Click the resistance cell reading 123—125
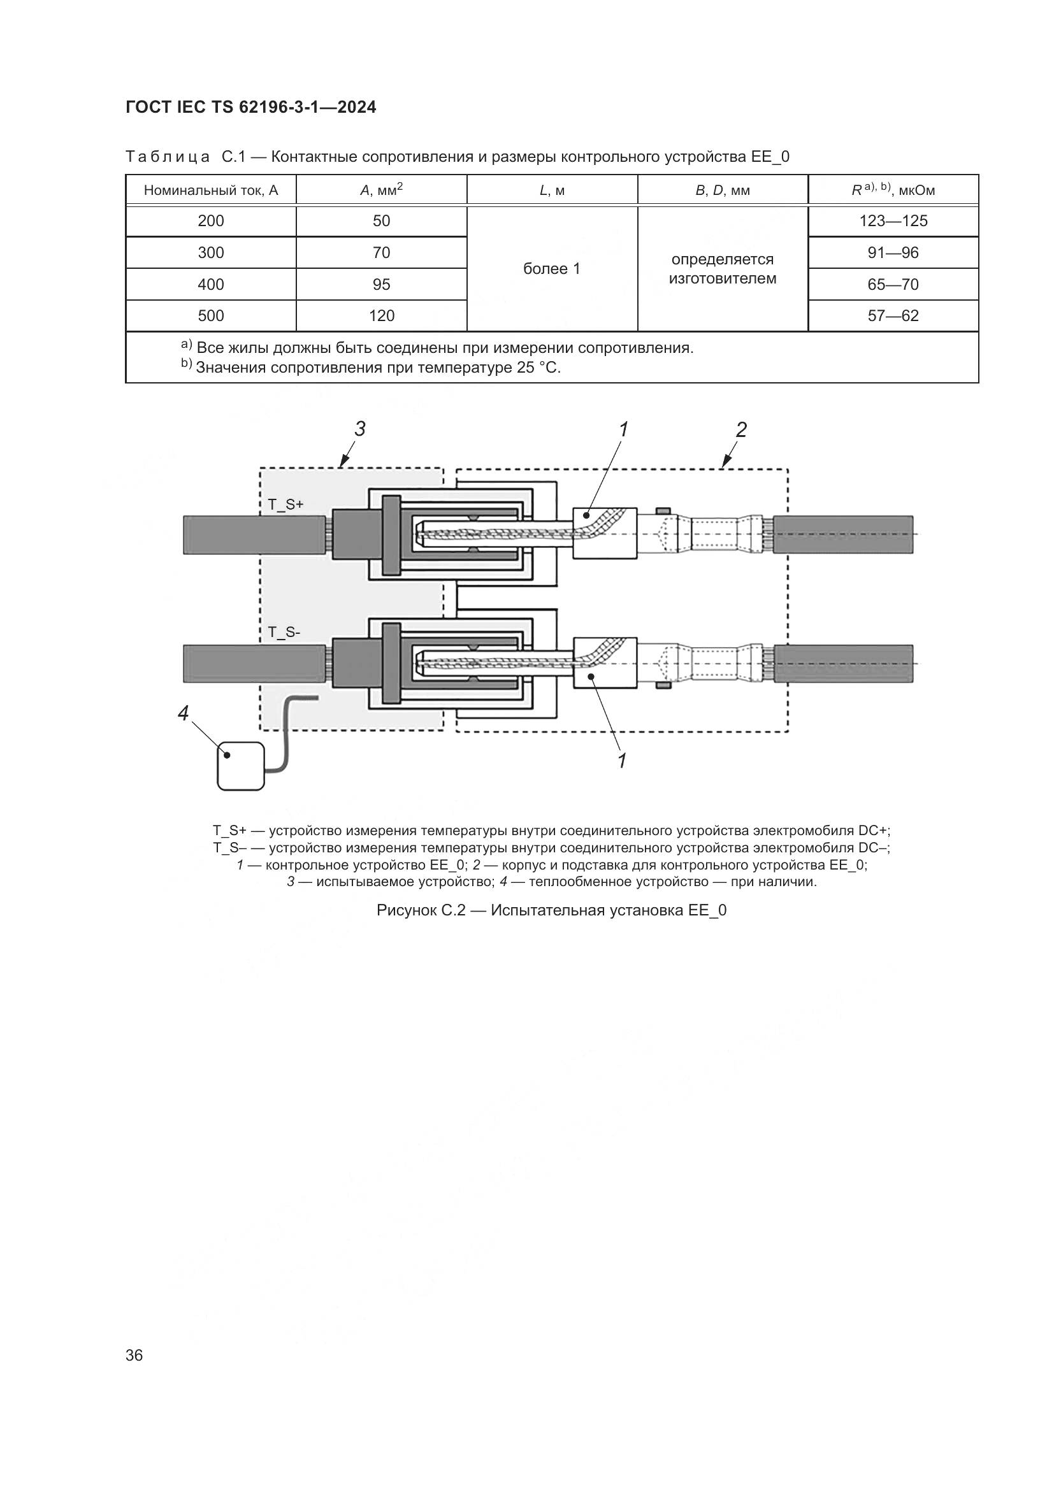point(893,220)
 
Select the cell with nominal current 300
point(211,252)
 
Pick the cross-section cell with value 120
point(382,316)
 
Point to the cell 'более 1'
point(552,269)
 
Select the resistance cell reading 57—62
point(893,316)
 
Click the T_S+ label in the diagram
point(286,504)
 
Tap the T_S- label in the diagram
point(284,631)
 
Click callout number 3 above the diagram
point(360,429)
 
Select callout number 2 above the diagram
point(741,429)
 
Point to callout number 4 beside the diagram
point(183,714)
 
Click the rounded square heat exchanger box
point(241,766)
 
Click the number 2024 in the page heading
point(356,108)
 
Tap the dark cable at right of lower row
point(844,663)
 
